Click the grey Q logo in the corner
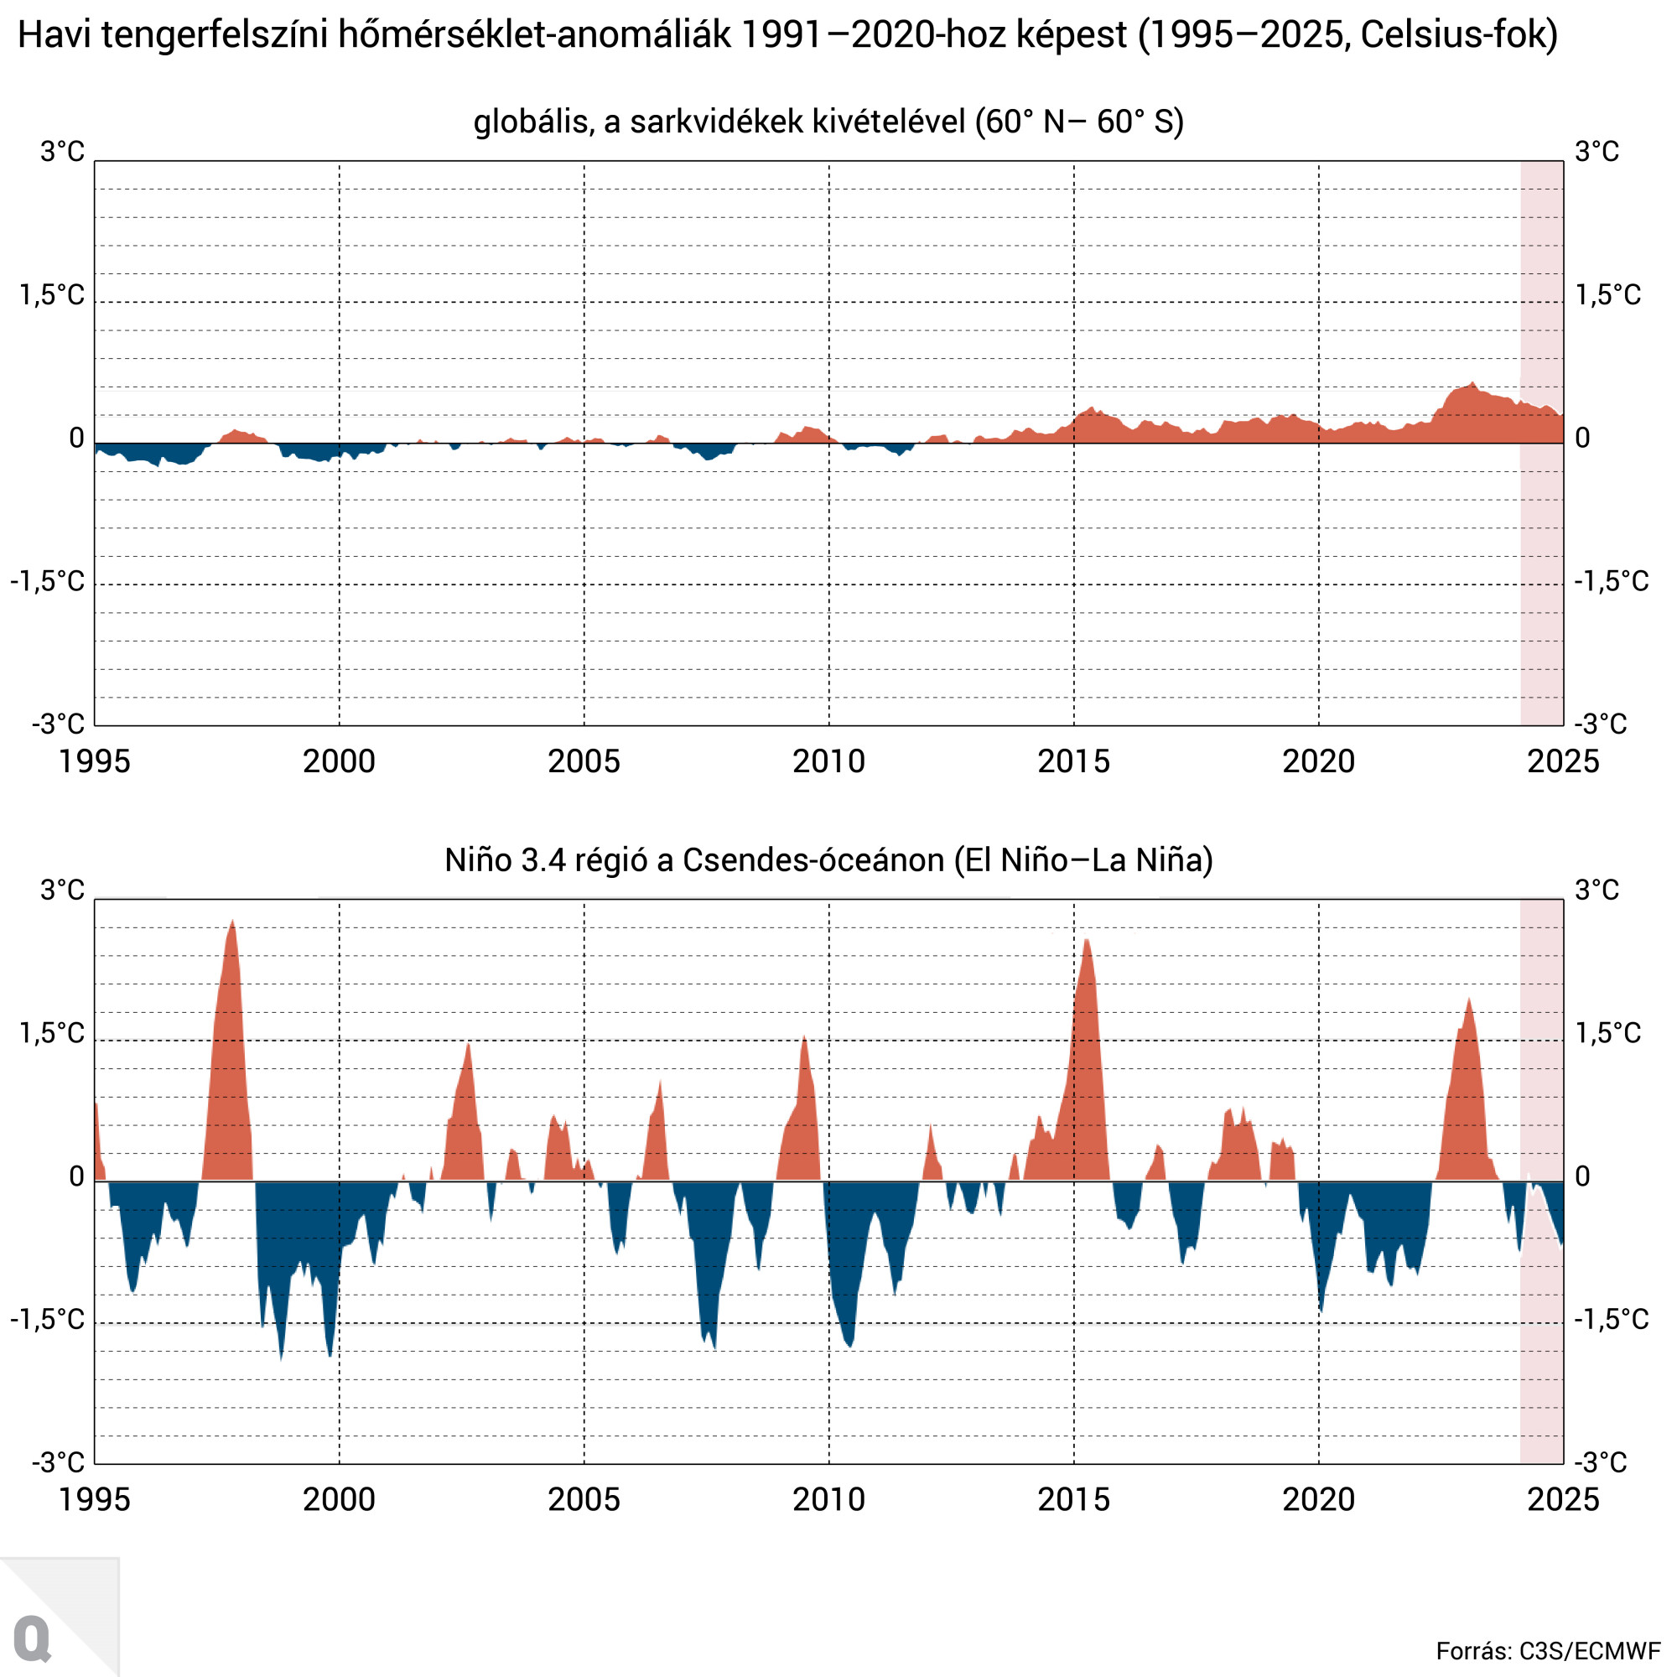coord(33,1638)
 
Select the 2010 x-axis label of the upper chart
coord(828,761)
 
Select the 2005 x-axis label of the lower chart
coord(584,1499)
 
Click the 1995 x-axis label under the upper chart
coord(94,761)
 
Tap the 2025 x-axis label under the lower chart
coord(1562,1499)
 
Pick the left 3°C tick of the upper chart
coord(63,152)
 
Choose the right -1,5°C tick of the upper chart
coord(1611,581)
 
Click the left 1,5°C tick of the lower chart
coord(52,1033)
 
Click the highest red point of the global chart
coord(1473,385)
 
